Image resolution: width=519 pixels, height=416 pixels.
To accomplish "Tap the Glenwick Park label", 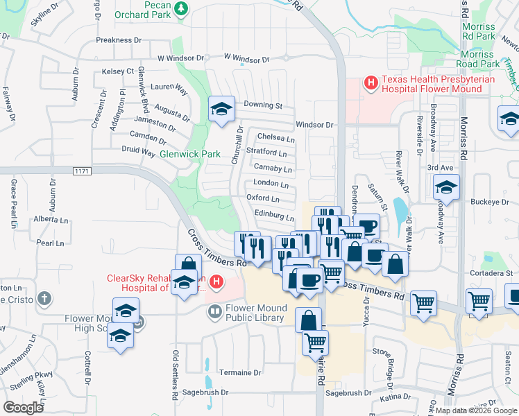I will point(190,154).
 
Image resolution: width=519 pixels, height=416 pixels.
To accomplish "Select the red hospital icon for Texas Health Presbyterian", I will point(371,84).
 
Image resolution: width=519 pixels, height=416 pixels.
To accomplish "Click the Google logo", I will point(24,408).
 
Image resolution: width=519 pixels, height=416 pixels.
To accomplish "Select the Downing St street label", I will point(263,106).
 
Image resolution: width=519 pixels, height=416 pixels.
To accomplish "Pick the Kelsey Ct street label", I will point(117,71).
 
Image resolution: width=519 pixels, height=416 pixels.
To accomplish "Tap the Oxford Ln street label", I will point(263,199).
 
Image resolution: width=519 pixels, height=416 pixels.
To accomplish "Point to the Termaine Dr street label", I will point(239,372).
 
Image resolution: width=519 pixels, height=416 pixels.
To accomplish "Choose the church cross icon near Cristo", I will point(44,300).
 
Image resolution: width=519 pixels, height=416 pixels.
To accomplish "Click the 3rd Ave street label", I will point(439,168).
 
